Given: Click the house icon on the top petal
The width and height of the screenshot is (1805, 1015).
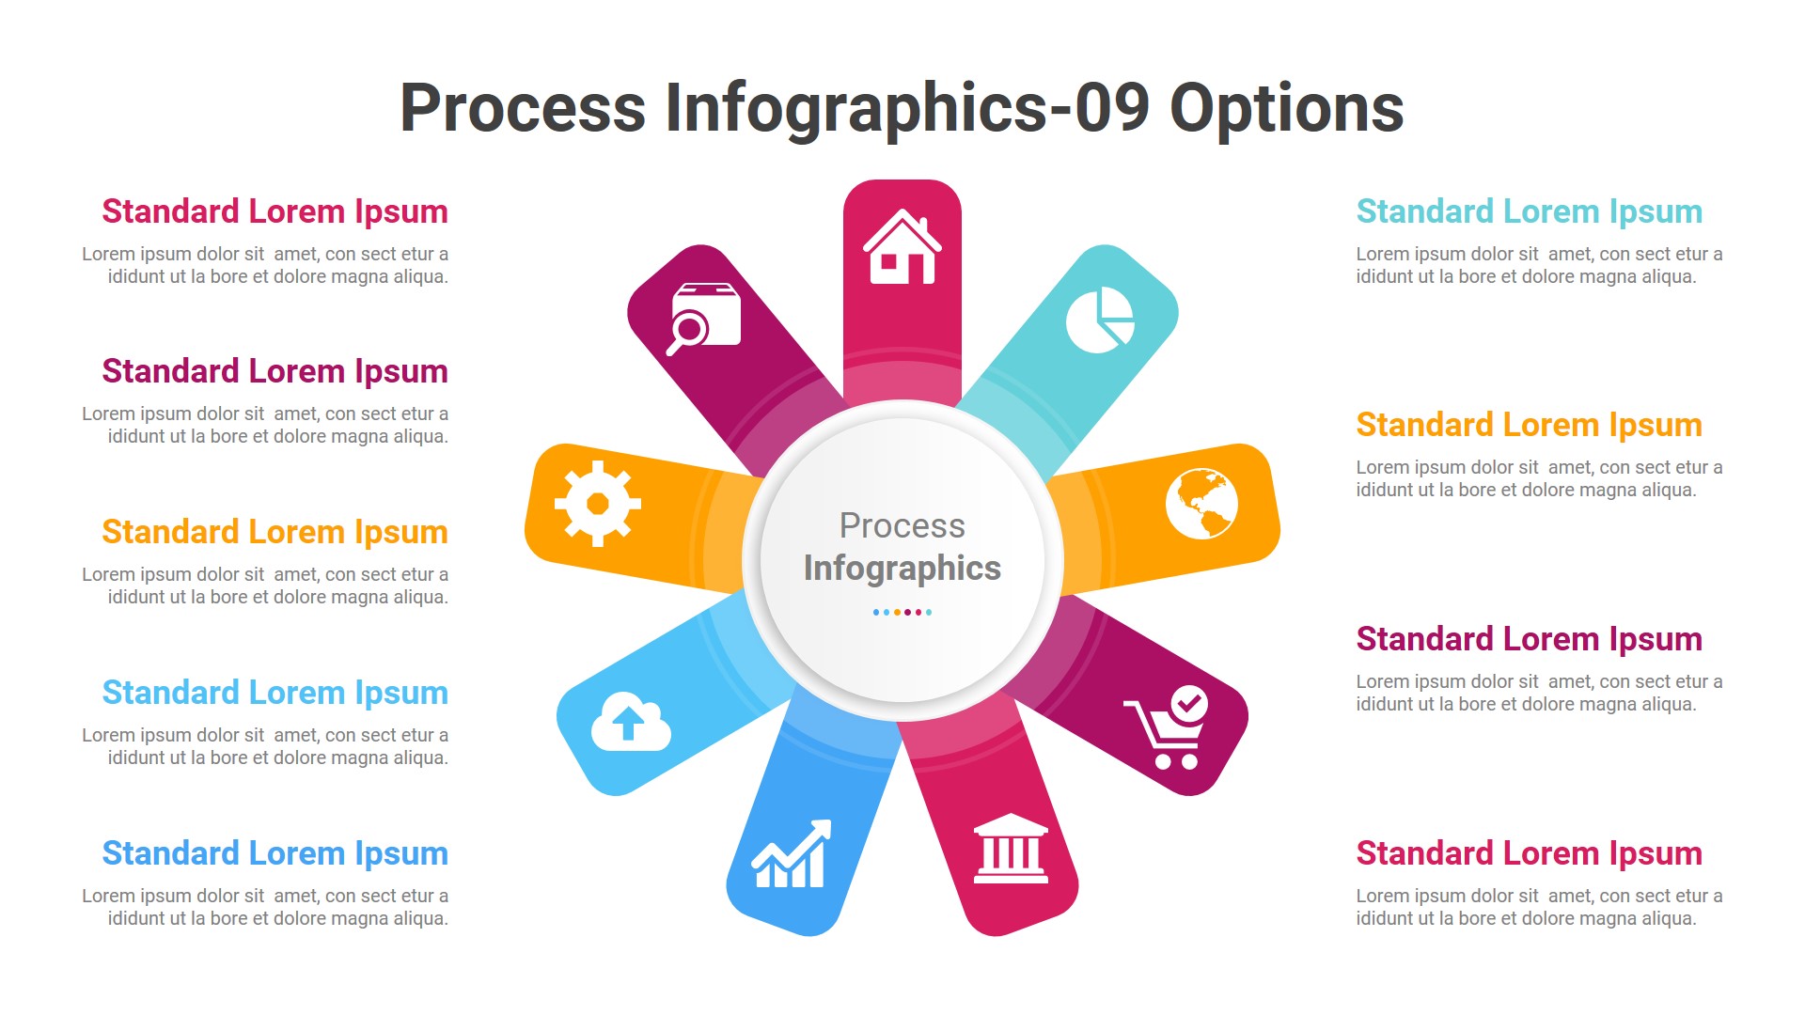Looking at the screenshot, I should (x=902, y=247).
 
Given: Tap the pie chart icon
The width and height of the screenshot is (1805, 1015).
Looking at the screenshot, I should (x=1100, y=320).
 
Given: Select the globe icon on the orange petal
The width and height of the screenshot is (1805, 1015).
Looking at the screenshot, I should (x=1201, y=504).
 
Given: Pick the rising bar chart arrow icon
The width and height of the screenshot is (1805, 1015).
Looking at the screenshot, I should (x=792, y=854).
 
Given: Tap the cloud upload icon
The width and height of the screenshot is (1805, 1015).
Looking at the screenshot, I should (x=631, y=722).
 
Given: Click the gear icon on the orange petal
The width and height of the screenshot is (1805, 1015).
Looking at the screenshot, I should (x=598, y=504).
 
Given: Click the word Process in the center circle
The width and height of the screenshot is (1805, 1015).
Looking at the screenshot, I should (x=902, y=526).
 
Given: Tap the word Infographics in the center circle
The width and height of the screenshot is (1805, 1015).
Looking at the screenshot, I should (x=902, y=569).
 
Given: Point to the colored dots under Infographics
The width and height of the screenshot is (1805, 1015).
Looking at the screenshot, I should (x=902, y=613).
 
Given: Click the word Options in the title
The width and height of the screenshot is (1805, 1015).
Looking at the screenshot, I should (x=1286, y=108).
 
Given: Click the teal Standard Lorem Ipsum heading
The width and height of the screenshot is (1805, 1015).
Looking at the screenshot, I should (x=1529, y=212).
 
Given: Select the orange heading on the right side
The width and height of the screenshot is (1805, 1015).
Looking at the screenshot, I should (x=1529, y=426).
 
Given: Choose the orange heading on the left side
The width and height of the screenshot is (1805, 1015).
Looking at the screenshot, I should (x=275, y=533).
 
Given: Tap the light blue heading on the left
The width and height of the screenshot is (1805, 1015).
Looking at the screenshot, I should (x=275, y=694).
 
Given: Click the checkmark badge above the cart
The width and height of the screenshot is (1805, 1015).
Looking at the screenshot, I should (x=1189, y=703).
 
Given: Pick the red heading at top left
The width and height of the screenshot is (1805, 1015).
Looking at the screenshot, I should (x=275, y=212).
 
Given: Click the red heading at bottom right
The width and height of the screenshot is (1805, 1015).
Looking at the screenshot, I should (x=1529, y=854).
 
